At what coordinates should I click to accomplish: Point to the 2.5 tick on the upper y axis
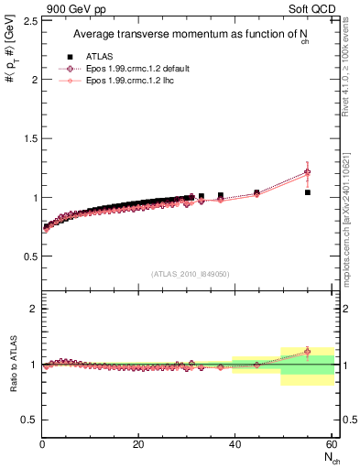click(27, 20)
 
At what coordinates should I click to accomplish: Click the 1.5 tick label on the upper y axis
click(27, 137)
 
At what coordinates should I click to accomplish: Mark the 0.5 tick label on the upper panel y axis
click(27, 256)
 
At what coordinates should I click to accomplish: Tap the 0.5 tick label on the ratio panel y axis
click(27, 420)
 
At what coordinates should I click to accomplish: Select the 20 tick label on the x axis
click(138, 444)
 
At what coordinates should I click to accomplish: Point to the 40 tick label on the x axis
click(235, 444)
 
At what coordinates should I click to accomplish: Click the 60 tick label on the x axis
click(331, 444)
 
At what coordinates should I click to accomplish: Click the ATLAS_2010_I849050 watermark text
click(191, 274)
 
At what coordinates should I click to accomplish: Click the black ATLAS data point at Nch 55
click(308, 192)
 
